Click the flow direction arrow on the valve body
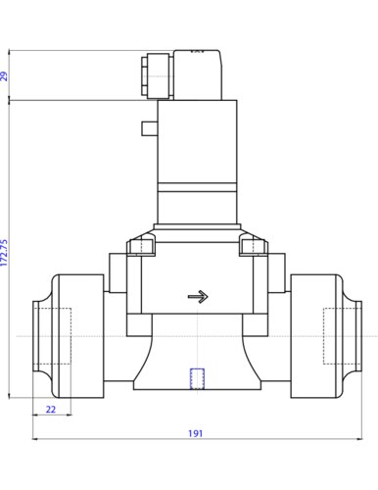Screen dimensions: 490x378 [198, 297]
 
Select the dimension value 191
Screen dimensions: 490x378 [198, 432]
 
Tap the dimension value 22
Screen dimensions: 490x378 [52, 409]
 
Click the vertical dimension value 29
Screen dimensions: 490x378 [5, 75]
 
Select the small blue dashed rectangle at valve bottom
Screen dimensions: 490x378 [198, 377]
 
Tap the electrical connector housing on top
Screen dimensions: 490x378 [190, 73]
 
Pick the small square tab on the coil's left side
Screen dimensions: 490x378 [149, 127]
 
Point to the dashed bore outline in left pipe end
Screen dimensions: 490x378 [53, 334]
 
